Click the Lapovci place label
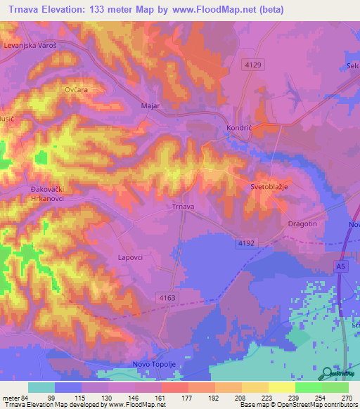click(x=129, y=258)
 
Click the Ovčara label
click(x=75, y=91)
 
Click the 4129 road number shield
click(x=253, y=65)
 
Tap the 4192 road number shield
click(x=245, y=242)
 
